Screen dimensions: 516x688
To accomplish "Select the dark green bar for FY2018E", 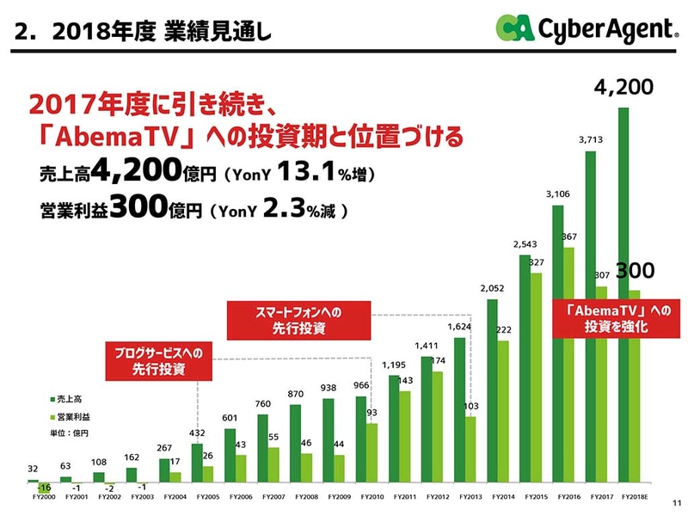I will [x=624, y=292].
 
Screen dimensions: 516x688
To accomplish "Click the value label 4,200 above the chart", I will [x=624, y=88].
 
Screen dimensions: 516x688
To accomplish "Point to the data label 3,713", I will [x=591, y=138].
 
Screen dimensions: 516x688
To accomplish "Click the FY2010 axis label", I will [x=372, y=496].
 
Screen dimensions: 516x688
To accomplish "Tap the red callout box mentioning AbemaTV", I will [x=611, y=317].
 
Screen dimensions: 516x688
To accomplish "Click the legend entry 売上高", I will [x=69, y=400].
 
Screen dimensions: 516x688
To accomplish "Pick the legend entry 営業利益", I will [x=72, y=416].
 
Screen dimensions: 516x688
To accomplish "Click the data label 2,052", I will [x=492, y=287].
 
